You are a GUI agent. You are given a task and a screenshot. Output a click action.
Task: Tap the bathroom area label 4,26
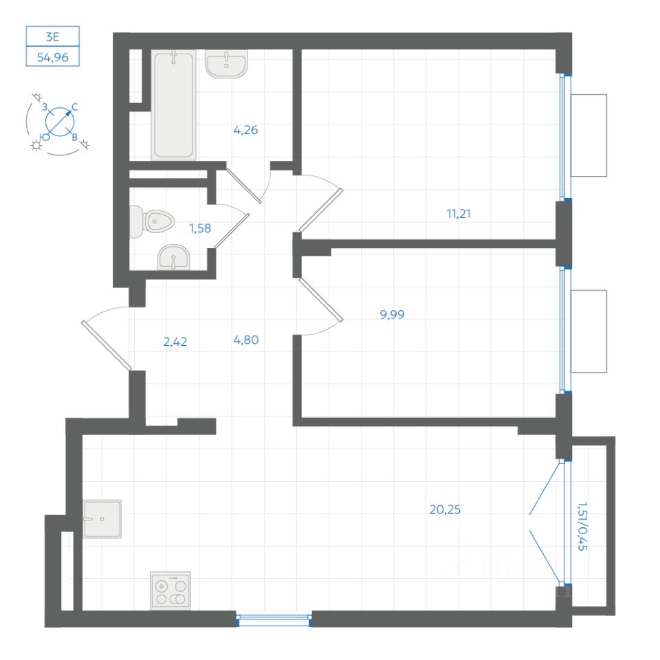point(245,129)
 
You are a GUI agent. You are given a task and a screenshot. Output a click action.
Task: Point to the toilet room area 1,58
point(200,228)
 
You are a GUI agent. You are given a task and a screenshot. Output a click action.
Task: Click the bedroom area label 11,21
point(459,213)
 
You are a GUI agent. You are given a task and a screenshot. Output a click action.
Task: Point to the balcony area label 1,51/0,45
point(582,526)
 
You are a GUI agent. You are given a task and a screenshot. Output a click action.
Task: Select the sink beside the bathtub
point(226,65)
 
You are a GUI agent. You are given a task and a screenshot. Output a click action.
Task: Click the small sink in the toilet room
point(173,259)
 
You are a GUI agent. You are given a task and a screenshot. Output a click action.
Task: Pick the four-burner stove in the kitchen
point(170,591)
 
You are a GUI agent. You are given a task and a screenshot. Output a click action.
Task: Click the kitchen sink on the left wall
point(102,518)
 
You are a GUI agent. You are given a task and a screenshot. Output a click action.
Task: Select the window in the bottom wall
point(274,621)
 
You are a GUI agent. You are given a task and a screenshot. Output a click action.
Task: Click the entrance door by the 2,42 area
point(104,344)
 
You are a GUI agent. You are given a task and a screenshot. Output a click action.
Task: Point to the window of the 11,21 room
point(563,136)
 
